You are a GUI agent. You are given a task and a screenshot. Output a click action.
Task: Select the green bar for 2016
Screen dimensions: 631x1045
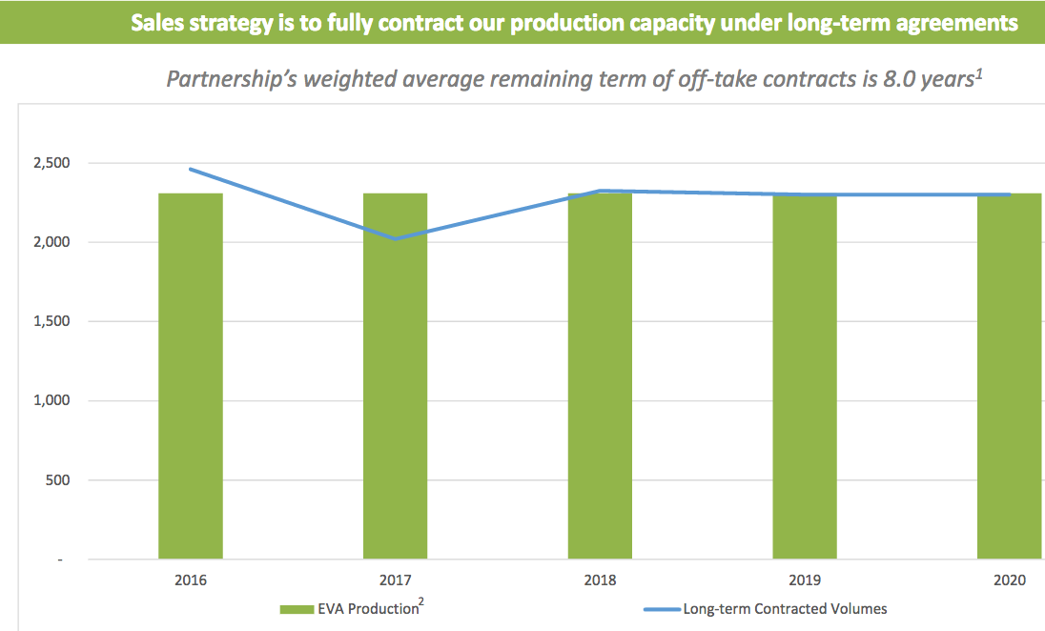(x=191, y=377)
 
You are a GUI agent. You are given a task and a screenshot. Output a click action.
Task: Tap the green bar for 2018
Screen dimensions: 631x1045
(x=600, y=377)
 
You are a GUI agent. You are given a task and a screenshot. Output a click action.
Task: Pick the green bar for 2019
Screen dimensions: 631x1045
(x=805, y=377)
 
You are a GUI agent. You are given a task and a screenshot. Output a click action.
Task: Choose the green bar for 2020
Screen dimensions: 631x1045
(x=1009, y=377)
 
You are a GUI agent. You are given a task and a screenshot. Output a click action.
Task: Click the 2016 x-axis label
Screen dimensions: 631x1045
(x=191, y=580)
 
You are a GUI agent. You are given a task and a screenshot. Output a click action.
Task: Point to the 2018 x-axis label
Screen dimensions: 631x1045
(x=600, y=580)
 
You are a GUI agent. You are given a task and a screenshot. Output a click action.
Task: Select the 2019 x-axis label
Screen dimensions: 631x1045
(x=805, y=580)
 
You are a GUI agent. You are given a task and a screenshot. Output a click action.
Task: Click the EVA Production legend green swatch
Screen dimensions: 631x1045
(x=297, y=609)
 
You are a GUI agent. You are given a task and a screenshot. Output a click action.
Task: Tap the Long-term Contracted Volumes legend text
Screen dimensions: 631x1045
(x=785, y=609)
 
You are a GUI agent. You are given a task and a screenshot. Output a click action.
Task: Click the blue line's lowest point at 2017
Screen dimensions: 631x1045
(x=396, y=239)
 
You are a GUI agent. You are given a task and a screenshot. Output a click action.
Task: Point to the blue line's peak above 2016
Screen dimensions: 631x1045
(x=191, y=169)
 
